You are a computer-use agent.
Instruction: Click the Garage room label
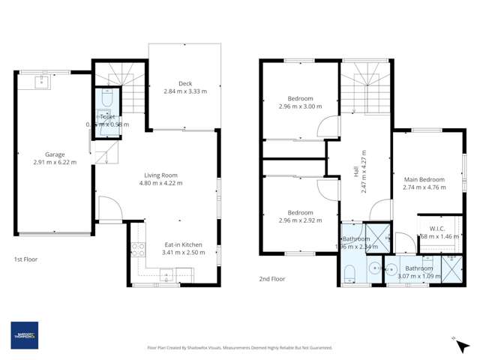click(55, 154)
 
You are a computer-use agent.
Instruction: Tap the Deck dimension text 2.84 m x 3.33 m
click(184, 91)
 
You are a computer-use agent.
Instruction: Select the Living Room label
click(163, 175)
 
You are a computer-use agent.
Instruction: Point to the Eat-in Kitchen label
click(183, 244)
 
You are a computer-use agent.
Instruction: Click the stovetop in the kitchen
click(137, 250)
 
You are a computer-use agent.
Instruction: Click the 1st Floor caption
click(26, 259)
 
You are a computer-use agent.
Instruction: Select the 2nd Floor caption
click(272, 279)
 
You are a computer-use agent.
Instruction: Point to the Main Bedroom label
click(424, 180)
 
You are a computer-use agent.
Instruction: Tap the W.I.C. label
click(439, 228)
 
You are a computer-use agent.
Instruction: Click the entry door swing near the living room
click(108, 208)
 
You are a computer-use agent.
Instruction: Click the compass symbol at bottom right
click(456, 342)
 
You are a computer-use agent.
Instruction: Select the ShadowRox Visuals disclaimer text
click(239, 347)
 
